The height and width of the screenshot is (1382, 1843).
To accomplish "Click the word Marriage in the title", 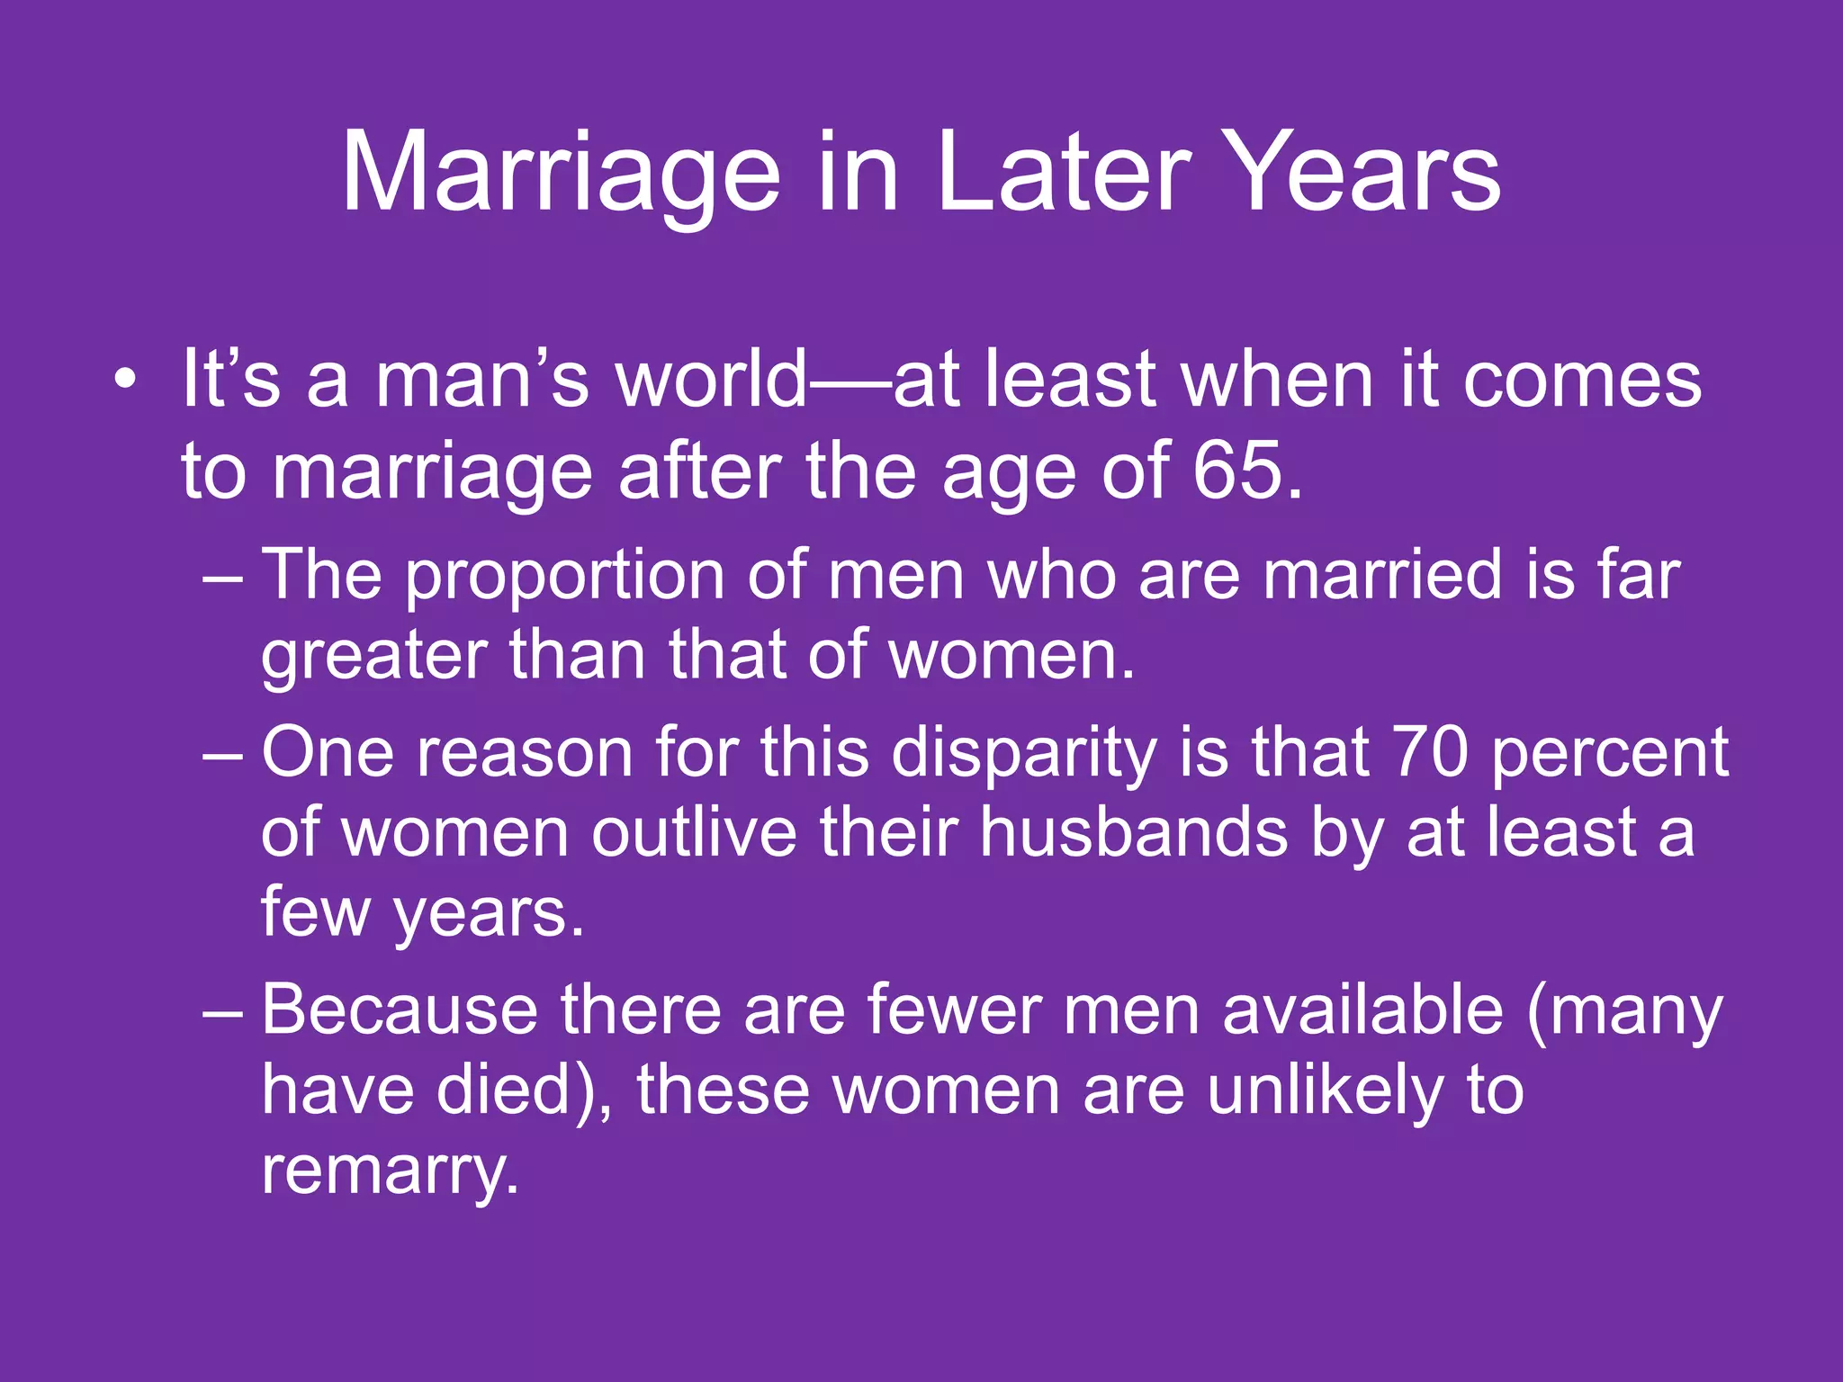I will point(560,173).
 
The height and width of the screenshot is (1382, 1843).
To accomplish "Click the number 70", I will point(1429,751).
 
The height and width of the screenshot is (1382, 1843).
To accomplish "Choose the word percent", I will point(1609,753).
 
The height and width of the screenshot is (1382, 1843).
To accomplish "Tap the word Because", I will point(400,1010).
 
